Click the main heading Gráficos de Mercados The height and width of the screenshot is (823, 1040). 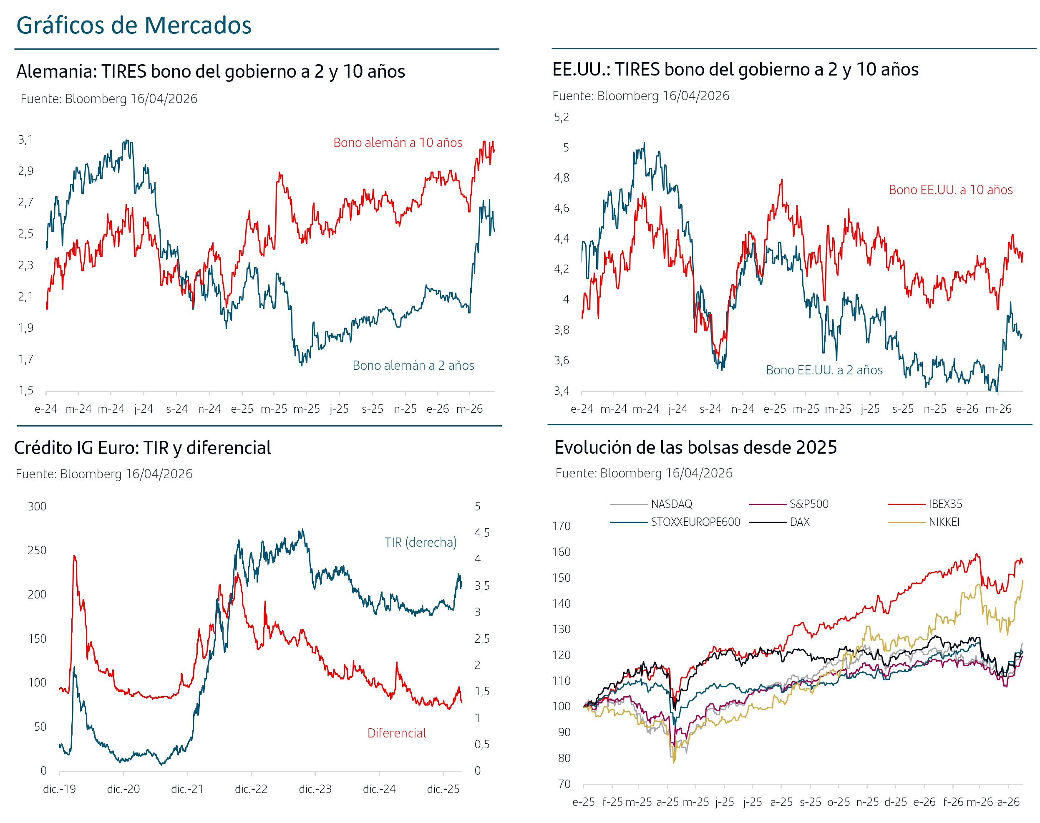click(x=134, y=25)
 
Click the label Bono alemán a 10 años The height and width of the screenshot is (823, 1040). click(x=398, y=143)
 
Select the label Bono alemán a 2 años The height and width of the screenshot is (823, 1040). click(x=413, y=365)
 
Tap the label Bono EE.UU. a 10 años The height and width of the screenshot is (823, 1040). click(x=950, y=190)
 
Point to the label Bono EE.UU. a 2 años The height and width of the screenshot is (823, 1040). click(x=824, y=370)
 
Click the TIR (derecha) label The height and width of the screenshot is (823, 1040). click(x=420, y=543)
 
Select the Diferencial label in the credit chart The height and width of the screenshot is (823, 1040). click(x=396, y=733)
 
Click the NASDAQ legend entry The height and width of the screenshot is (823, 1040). click(x=672, y=504)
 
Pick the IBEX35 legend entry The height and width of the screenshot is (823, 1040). click(x=945, y=504)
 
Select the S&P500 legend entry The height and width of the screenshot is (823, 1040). click(x=809, y=504)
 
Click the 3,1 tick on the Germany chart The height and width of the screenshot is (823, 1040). click(x=26, y=140)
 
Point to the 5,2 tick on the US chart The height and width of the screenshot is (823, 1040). click(x=561, y=117)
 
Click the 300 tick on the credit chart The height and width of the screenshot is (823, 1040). click(x=37, y=506)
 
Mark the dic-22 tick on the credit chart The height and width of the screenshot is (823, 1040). click(x=251, y=789)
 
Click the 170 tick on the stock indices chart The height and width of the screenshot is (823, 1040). click(x=561, y=526)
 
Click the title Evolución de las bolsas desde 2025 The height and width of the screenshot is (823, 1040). click(x=695, y=447)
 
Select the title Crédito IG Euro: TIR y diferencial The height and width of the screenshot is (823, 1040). click(x=143, y=448)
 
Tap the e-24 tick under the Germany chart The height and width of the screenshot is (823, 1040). click(x=46, y=409)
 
